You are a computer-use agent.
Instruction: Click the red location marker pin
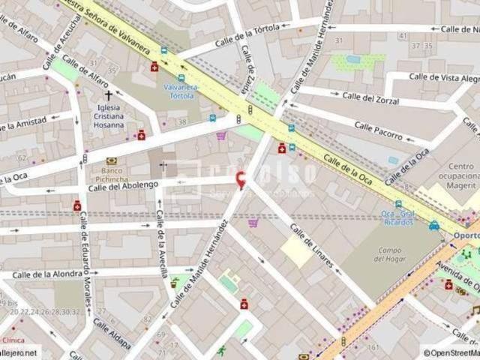(x=240, y=180)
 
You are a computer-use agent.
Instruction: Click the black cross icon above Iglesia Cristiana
(x=109, y=96)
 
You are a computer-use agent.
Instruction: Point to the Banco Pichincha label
(x=112, y=175)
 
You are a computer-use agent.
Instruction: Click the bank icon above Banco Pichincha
(x=112, y=160)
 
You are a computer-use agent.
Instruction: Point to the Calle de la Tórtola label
(x=247, y=34)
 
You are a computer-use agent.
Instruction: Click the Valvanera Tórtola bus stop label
(x=181, y=91)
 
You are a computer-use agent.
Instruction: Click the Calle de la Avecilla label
(x=161, y=244)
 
